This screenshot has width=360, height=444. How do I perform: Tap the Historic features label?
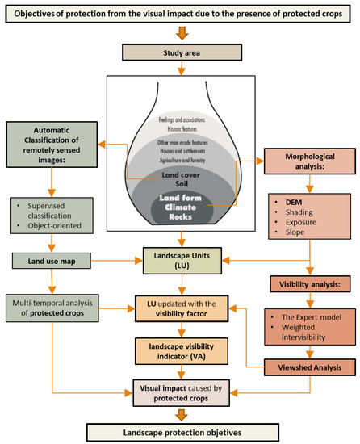point(180,126)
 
